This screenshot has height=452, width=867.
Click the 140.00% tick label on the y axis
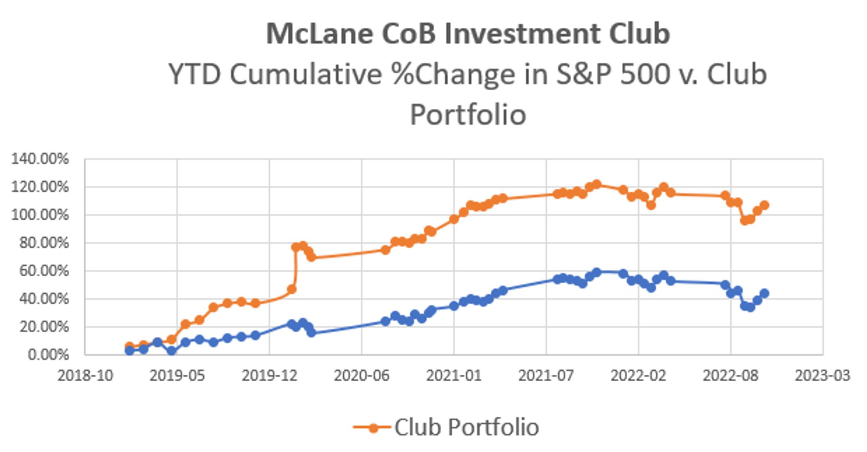pos(40,159)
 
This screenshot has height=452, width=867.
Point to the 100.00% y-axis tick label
pos(40,215)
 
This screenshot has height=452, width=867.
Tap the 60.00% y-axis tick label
pos(44,271)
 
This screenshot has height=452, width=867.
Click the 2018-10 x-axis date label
pos(85,376)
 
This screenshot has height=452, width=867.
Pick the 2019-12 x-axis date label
pos(269,376)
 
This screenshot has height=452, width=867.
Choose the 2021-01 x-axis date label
pos(454,376)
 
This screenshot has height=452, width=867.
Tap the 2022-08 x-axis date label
pos(730,376)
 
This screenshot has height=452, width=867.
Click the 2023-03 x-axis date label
pos(822,376)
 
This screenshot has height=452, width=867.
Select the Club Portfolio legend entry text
pos(466,427)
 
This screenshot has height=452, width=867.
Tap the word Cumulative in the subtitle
pos(306,75)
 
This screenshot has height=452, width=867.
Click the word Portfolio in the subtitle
pos(468,115)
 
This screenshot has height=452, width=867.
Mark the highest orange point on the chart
pos(597,184)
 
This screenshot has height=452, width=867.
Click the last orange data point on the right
pos(764,205)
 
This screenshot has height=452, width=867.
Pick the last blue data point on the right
pos(764,293)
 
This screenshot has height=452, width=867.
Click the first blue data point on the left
pos(129,350)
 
